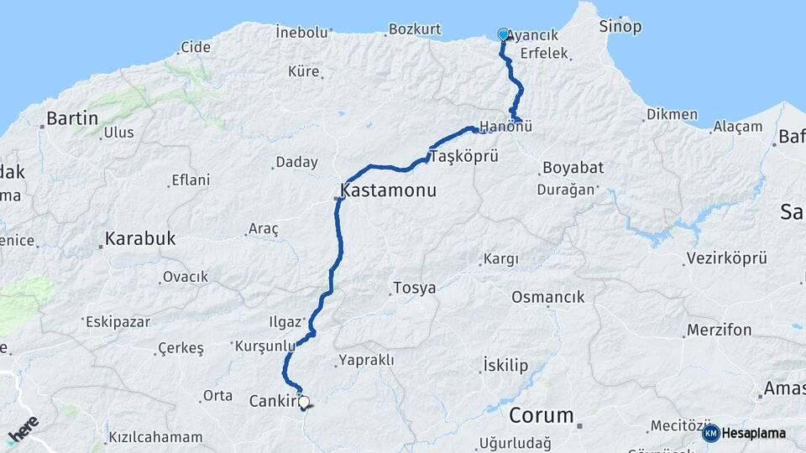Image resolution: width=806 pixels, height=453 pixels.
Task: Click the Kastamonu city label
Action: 389,190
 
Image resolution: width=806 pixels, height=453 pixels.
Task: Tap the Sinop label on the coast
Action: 620,27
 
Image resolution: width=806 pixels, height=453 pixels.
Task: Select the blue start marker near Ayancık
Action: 504,34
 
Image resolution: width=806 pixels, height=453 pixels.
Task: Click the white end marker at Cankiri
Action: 303,402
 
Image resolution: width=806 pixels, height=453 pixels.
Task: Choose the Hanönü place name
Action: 507,128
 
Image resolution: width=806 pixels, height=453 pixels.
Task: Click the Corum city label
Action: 542,415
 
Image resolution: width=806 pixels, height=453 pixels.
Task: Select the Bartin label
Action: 72,118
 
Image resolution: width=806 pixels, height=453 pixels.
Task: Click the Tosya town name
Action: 414,289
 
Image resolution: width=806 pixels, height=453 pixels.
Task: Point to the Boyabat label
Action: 573,167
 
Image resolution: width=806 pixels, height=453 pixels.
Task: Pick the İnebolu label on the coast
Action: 301,32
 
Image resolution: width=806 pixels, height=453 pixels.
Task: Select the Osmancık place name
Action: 547,297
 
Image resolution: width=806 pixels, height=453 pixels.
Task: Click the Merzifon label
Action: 719,330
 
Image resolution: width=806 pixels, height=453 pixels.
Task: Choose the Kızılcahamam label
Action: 155,437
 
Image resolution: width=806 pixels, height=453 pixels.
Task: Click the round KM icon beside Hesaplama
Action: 710,433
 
